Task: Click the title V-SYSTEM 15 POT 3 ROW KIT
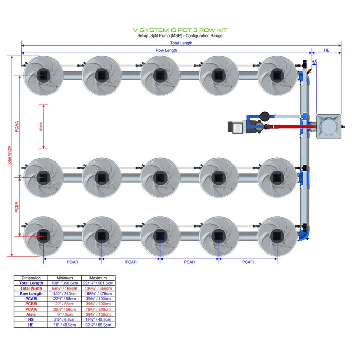click(x=179, y=30)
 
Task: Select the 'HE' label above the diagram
click(x=327, y=50)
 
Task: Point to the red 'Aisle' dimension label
click(x=42, y=127)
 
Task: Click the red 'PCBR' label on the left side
click(x=17, y=207)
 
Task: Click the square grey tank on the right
click(x=329, y=127)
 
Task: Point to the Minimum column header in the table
click(x=64, y=278)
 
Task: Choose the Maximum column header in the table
click(x=98, y=278)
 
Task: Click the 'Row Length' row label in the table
click(x=31, y=294)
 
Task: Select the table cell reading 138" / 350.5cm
click(x=64, y=283)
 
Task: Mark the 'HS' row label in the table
click(x=31, y=319)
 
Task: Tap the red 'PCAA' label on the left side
click(x=17, y=127)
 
